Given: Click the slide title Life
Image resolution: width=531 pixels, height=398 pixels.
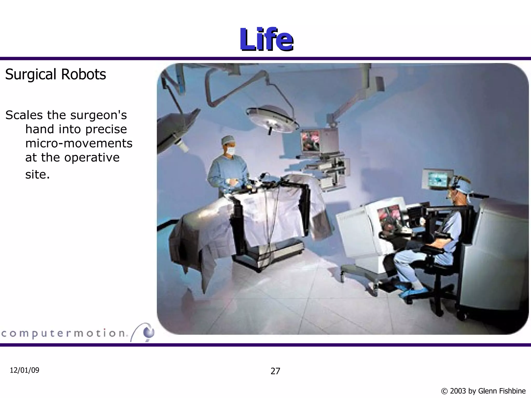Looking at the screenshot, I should coord(266,39).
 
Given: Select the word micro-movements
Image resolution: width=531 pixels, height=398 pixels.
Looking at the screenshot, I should coord(79,143).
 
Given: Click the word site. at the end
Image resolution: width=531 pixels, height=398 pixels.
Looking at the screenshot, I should coord(37,174).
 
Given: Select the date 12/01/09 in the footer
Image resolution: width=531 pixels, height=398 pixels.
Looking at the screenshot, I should coord(24,370).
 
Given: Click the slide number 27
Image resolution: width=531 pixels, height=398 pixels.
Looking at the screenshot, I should coord(275,371).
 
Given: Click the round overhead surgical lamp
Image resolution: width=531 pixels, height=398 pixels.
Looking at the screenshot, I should coord(272,118).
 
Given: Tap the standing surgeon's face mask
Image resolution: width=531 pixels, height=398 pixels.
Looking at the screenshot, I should coord(230,150).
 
